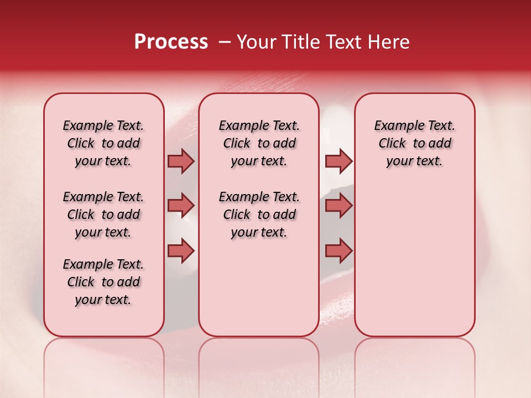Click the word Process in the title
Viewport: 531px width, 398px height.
point(171,42)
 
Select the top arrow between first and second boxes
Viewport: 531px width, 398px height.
point(181,161)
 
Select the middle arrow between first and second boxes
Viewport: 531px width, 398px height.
point(181,206)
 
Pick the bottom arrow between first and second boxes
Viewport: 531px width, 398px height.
point(181,250)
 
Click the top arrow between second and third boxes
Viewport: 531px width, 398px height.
point(339,161)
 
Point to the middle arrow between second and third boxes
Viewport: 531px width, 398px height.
point(339,206)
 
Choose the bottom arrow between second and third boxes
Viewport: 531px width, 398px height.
point(339,250)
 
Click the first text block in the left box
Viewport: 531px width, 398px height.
point(103,143)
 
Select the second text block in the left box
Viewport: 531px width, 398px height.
point(103,214)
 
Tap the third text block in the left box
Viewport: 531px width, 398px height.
point(103,282)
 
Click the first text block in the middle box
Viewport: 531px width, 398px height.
point(259,143)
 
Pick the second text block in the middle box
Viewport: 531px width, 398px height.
point(259,214)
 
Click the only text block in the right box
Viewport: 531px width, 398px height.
point(415,143)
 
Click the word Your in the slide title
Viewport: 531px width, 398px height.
point(254,42)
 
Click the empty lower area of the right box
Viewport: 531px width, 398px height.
point(415,260)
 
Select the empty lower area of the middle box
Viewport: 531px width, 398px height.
point(259,287)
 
